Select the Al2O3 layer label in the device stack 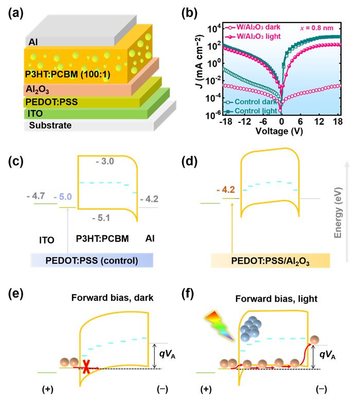[x=37, y=90]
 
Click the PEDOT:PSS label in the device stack [x=51, y=102]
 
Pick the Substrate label [x=50, y=125]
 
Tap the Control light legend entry [x=254, y=111]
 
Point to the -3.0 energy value [x=105, y=162]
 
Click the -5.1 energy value [x=101, y=218]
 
